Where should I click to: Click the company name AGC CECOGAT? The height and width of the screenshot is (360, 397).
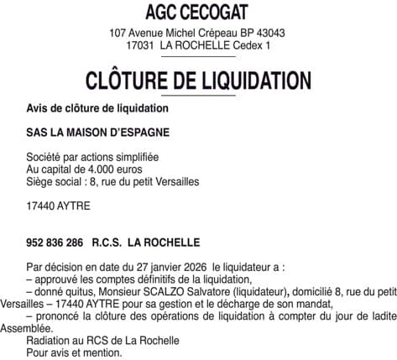(198, 13)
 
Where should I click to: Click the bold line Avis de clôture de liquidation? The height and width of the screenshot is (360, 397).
(97, 109)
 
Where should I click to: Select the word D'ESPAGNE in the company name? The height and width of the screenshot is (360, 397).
(138, 133)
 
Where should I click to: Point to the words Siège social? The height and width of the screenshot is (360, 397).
(56, 180)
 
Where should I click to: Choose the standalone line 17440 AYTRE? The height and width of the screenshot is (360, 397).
(58, 205)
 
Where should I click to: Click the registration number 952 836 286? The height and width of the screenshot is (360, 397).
(55, 242)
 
